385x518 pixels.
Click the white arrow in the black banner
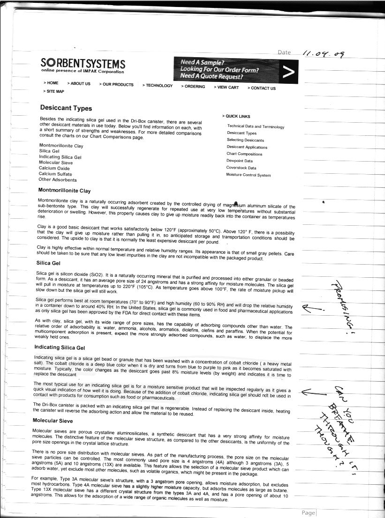(x=289, y=72)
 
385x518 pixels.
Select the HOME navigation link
(x=52, y=83)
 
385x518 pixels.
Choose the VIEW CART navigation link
(x=227, y=87)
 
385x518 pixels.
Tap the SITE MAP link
(x=54, y=91)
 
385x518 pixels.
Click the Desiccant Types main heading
(x=66, y=108)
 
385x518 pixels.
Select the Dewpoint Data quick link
(x=239, y=161)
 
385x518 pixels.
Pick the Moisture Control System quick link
(x=248, y=175)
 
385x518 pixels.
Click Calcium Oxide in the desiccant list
(x=54, y=168)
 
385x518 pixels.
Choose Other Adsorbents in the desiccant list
(x=57, y=179)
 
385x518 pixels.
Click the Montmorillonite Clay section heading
(x=64, y=191)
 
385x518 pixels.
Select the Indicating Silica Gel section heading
(x=60, y=348)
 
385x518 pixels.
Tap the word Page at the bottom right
(x=309, y=512)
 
